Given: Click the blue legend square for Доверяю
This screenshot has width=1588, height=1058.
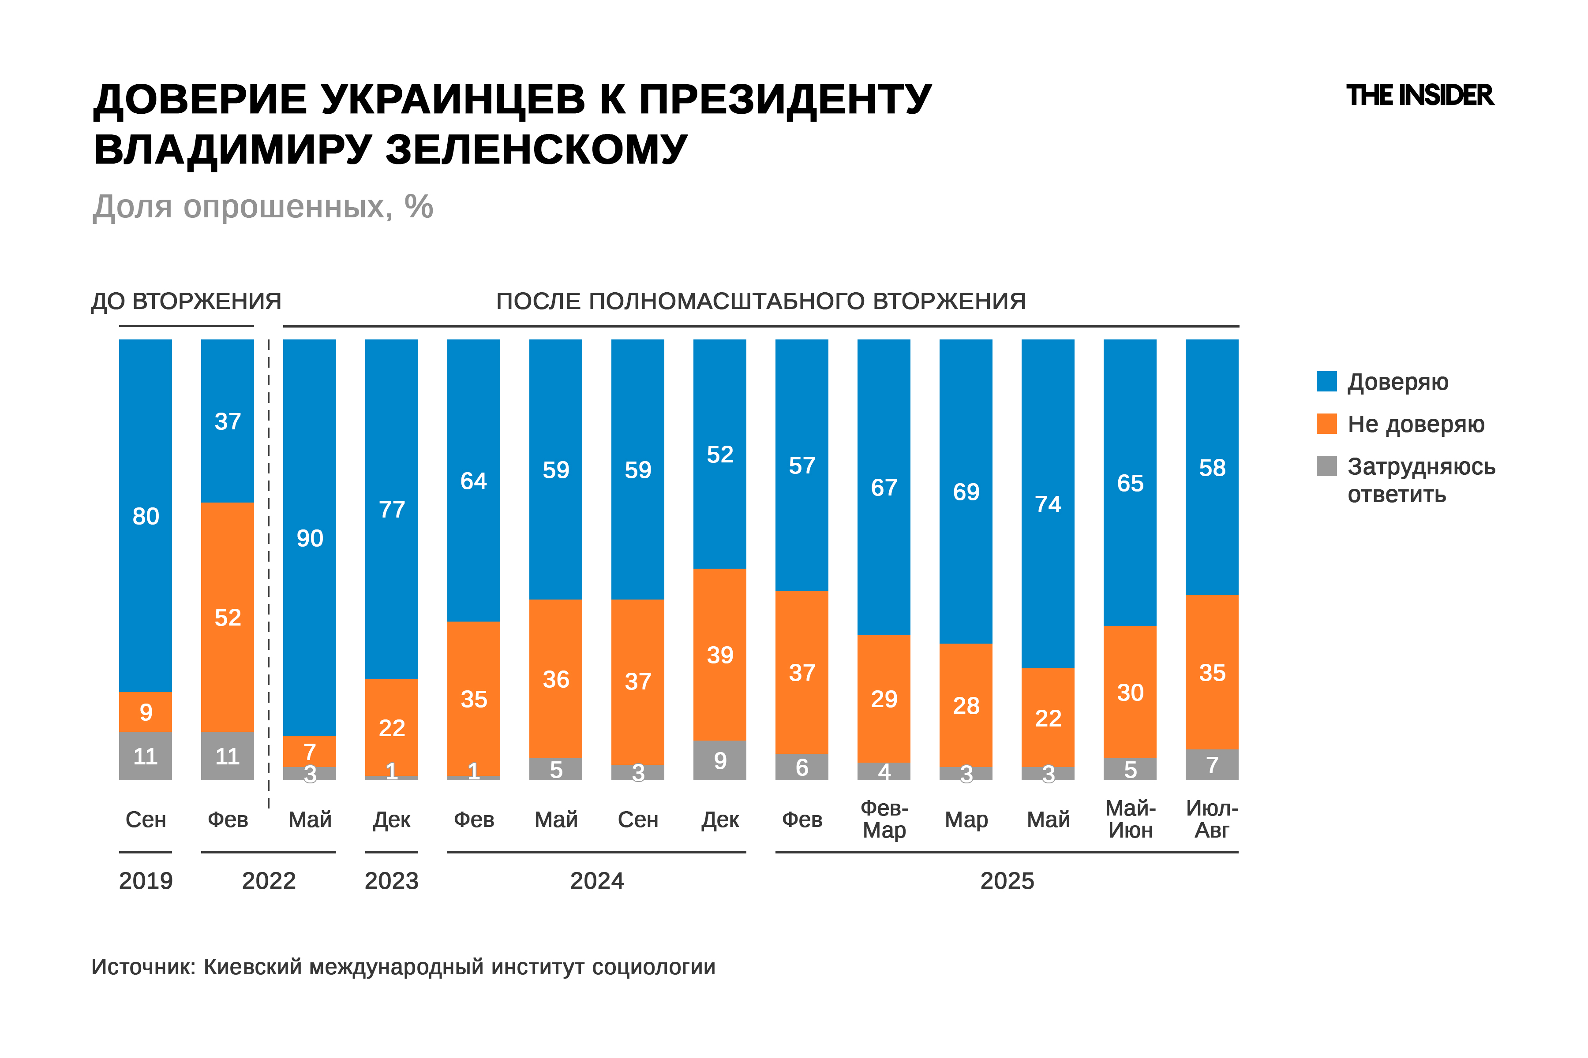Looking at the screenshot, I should pyautogui.click(x=1326, y=381).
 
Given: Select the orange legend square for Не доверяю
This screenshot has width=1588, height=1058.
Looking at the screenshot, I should pyautogui.click(x=1326, y=424).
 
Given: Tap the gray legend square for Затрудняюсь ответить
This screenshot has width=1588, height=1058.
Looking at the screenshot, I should pyautogui.click(x=1326, y=466).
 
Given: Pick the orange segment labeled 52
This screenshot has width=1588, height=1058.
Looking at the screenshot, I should pyautogui.click(x=228, y=617).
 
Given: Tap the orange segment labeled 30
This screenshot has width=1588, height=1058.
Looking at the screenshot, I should pyautogui.click(x=1130, y=692).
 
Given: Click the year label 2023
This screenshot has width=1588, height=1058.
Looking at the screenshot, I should pyautogui.click(x=392, y=880).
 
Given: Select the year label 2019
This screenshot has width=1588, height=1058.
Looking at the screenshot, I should pyautogui.click(x=146, y=880).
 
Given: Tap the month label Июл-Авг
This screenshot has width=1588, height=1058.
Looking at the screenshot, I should pyautogui.click(x=1211, y=819).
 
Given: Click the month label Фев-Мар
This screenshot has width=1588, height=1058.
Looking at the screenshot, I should pyautogui.click(x=884, y=819).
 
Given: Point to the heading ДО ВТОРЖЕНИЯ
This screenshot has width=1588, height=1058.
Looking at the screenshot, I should pyautogui.click(x=186, y=301).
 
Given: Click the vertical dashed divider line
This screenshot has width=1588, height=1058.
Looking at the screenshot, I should pyautogui.click(x=269, y=574).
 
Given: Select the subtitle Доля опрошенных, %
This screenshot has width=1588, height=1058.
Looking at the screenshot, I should pyautogui.click(x=262, y=206).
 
